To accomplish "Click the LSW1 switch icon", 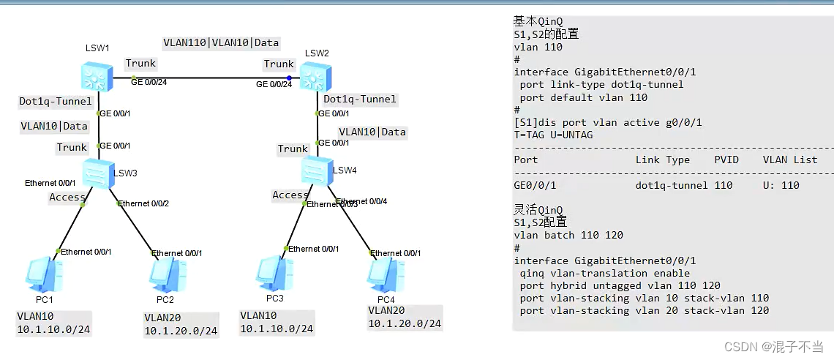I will [x=97, y=75].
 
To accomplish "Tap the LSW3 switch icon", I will [x=97, y=173].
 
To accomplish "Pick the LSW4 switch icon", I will [x=316, y=170].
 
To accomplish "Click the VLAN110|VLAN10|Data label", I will [x=220, y=42].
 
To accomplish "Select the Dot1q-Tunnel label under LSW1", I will [x=56, y=101].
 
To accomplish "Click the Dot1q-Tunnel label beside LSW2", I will [x=360, y=99].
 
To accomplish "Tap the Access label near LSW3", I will [x=67, y=197].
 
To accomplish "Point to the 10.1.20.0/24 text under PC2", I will [x=181, y=331].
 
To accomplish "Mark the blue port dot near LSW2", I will [x=290, y=78].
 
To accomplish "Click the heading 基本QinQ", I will [x=538, y=21].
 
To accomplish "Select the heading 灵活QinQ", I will [x=538, y=210].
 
